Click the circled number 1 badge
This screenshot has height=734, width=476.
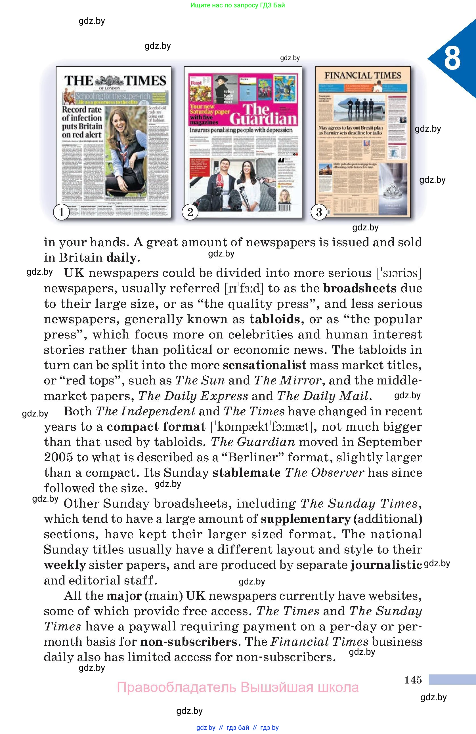61,212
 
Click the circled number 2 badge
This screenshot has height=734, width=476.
190,212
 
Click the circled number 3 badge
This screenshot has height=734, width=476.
319,212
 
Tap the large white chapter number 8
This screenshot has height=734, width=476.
452,58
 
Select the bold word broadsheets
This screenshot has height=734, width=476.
360,288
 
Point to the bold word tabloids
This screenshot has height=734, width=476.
274,319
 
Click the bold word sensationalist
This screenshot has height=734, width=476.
264,365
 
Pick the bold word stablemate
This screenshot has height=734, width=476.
246,473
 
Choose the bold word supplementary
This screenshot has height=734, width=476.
305,519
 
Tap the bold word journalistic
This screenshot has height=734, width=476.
386,565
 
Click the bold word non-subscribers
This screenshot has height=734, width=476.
189,642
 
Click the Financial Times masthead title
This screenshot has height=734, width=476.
363,75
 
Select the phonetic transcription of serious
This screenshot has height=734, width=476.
399,273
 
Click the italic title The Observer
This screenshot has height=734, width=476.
324,473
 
